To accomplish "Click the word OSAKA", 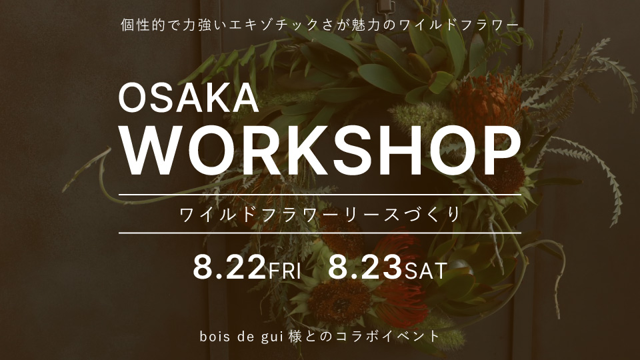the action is tap(189, 99).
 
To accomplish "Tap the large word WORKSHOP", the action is tap(321, 151).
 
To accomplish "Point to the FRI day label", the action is tap(285, 271).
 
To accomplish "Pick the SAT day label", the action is tap(426, 271).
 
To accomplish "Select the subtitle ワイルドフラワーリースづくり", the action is tap(321, 214).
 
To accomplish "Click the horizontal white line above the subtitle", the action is tap(320, 195).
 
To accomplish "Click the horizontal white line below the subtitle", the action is tap(320, 233).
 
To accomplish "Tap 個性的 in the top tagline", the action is tap(144, 25).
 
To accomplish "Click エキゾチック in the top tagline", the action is tap(274, 25).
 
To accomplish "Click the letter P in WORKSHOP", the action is tap(501, 151).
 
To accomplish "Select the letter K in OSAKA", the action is tap(212, 99).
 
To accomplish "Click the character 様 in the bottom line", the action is tap(295, 337).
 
